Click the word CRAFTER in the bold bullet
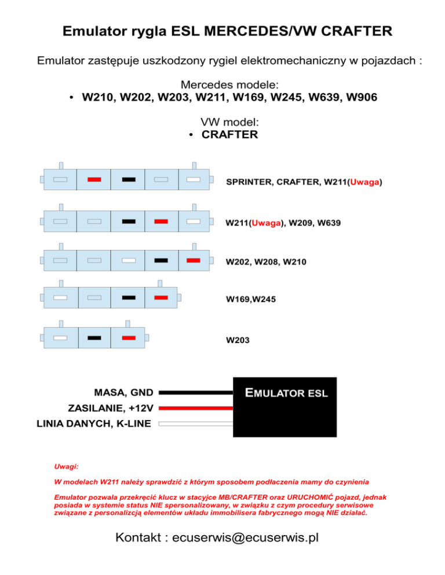click(229, 135)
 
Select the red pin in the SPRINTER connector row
click(94, 179)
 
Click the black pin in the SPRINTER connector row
click(129, 179)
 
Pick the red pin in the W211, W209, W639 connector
click(162, 221)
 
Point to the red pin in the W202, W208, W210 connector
click(194, 260)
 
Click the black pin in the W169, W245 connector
click(129, 297)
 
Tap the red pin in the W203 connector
click(129, 337)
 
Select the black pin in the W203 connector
click(94, 337)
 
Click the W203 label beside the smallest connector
click(238, 340)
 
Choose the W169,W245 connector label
click(250, 300)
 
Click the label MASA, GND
click(124, 392)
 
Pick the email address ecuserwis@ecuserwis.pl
click(241, 537)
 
